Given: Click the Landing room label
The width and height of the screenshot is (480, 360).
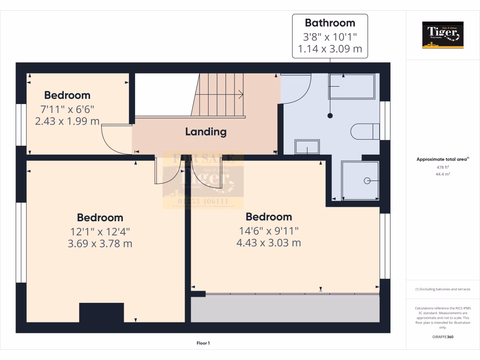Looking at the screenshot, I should click(206, 132).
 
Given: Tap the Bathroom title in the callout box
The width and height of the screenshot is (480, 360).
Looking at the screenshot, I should click(330, 22).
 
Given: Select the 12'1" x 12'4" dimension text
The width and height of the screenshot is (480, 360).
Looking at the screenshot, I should click(100, 231).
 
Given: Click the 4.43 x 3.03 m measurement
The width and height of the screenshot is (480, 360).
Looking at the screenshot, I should click(269, 243).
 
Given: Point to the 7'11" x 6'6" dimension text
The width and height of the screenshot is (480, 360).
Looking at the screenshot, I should click(67, 109).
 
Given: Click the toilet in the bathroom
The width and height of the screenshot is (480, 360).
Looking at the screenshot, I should click(365, 131).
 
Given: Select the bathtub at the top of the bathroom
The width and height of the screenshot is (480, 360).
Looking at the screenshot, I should click(352, 86).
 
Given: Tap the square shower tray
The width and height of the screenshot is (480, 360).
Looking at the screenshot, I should click(360, 180).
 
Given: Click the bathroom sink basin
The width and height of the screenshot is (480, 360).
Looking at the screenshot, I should click(307, 147).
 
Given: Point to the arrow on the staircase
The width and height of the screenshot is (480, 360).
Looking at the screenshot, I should click(240, 95).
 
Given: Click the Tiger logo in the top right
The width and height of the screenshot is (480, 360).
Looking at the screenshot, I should click(442, 35).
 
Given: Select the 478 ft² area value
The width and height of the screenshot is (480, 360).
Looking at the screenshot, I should click(442, 167).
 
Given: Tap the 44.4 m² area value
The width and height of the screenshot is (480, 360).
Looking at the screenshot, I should click(442, 174).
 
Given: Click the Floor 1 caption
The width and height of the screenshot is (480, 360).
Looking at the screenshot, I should click(203, 344).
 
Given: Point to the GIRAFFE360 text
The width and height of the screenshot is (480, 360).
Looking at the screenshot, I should click(442, 337).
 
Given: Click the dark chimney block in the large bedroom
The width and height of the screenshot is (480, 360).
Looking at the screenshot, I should click(101, 313).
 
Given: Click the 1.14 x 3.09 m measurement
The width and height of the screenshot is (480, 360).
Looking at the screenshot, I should click(330, 48).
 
